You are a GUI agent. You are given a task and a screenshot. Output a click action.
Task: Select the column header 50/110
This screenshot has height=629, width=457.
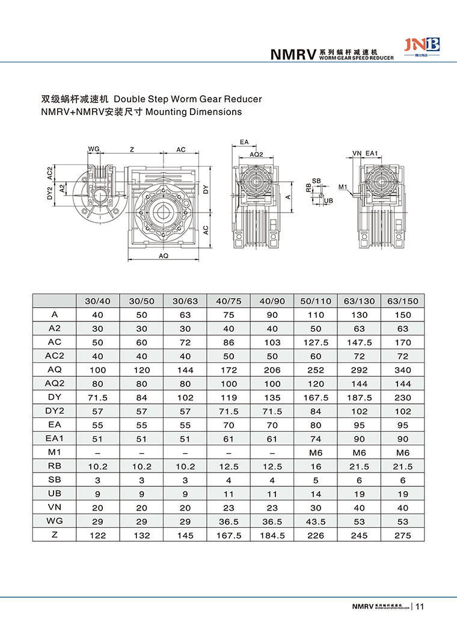click(315, 300)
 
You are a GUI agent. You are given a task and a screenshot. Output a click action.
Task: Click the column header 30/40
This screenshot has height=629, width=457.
click(97, 300)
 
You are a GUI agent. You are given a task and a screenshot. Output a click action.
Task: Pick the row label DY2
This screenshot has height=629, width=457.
click(54, 411)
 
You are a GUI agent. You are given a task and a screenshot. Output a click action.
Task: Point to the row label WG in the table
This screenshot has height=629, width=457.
click(54, 521)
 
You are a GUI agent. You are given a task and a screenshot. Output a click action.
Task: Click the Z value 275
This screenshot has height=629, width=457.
click(402, 536)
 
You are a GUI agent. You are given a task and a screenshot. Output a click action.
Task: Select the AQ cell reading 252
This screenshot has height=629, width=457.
click(315, 370)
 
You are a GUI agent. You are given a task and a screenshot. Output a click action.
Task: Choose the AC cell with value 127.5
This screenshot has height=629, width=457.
click(315, 342)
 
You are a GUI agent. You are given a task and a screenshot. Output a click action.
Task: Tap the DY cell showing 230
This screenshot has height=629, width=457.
click(402, 397)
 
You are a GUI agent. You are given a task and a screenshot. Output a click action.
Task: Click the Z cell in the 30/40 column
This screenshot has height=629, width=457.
click(97, 536)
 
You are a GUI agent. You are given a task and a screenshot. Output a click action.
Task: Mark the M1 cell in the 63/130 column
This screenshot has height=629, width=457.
click(359, 453)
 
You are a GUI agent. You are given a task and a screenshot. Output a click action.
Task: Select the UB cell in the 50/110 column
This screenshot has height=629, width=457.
click(315, 494)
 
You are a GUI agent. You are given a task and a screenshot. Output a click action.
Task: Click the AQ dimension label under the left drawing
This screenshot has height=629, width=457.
click(163, 256)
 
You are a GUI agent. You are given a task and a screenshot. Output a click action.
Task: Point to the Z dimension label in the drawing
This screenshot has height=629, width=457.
click(132, 149)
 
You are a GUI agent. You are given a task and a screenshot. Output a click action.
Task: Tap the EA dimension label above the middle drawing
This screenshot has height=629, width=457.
click(244, 142)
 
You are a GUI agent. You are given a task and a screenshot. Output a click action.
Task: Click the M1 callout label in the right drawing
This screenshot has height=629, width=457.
click(343, 187)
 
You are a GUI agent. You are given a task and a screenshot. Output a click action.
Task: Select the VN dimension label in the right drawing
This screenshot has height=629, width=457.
click(357, 154)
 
